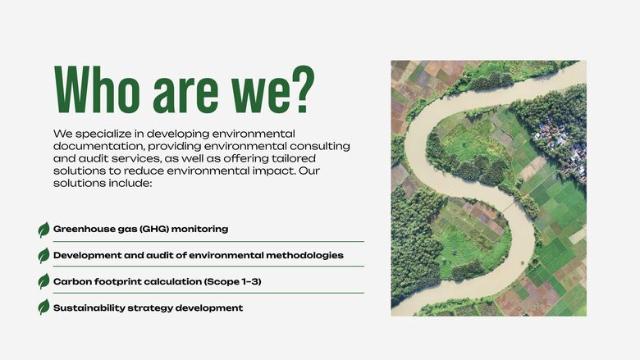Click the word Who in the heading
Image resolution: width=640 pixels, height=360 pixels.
[x=97, y=89]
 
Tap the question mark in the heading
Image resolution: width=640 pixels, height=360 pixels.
[x=303, y=89]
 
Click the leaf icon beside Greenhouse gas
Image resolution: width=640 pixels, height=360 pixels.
[x=43, y=230]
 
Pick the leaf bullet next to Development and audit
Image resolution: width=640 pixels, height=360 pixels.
[x=43, y=256]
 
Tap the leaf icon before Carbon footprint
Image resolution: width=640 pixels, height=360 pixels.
[x=43, y=281]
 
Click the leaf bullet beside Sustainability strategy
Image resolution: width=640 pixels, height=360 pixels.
[x=43, y=307]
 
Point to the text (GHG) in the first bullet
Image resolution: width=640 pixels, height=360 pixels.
[x=154, y=229]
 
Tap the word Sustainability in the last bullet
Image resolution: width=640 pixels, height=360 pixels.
[x=89, y=308]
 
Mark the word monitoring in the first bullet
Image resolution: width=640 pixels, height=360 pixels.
[x=199, y=230]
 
